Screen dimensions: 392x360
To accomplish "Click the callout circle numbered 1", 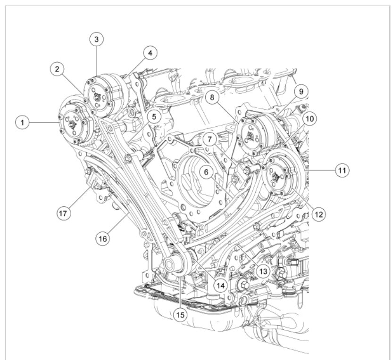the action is coord(23,123).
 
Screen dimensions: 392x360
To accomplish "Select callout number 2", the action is coord(57,69).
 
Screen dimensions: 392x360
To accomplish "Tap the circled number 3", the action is coord(97,39).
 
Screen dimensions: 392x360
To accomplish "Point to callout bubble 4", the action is coord(150,53).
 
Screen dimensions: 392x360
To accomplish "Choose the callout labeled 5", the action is coord(154,116).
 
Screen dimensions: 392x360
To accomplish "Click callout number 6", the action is coord(206,172).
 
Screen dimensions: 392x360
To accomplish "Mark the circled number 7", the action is coord(209,139).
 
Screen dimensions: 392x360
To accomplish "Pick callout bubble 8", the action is coord(212,97).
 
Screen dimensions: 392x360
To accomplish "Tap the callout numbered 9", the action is coord(301,91).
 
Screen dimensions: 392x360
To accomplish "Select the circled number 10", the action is coord(309,119).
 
